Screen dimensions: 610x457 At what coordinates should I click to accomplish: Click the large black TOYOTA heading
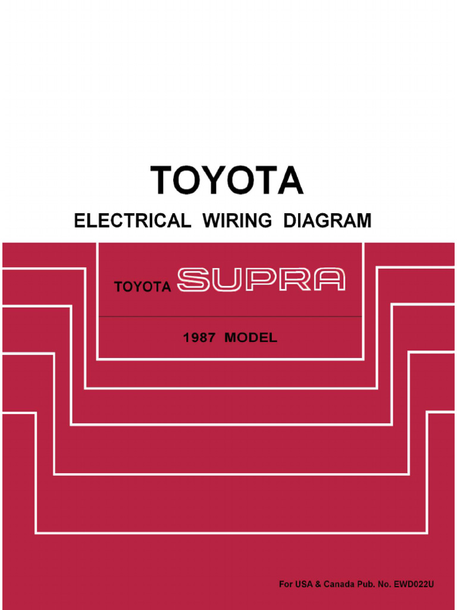click(227, 180)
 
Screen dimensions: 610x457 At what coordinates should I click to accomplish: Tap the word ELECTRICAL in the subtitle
click(132, 221)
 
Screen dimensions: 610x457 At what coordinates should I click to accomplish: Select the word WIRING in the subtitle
click(237, 221)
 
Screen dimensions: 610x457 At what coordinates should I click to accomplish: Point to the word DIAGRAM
click(327, 221)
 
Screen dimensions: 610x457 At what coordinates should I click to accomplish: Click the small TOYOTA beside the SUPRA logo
click(143, 288)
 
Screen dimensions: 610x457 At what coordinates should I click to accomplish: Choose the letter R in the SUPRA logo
click(296, 280)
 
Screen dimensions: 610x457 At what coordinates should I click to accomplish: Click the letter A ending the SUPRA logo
click(329, 280)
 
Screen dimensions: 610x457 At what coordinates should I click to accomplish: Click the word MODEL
click(251, 338)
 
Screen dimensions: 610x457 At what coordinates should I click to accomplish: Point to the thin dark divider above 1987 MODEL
click(230, 316)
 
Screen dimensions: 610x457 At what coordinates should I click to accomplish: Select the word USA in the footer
click(303, 584)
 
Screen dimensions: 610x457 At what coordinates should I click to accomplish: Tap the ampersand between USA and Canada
click(318, 584)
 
